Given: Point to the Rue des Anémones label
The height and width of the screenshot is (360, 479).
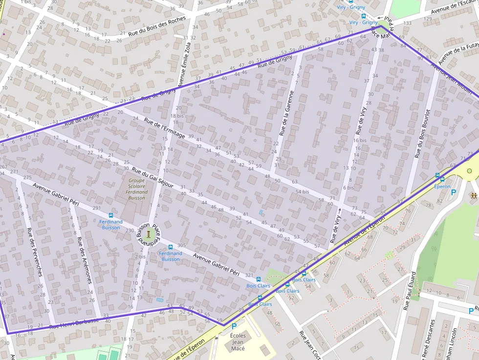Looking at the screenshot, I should (x=84, y=260).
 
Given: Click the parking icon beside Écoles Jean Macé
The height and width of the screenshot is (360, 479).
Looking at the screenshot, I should (x=234, y=326).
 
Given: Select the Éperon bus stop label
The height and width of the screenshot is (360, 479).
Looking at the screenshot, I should (x=442, y=186).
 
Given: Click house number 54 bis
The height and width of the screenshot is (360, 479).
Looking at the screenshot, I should (x=303, y=191).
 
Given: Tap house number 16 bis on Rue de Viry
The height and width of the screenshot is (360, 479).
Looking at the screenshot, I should (x=360, y=140).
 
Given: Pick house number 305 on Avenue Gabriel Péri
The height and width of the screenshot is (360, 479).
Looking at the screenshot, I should (x=182, y=245).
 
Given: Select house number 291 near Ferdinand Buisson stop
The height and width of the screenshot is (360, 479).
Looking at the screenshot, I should (x=96, y=208).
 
